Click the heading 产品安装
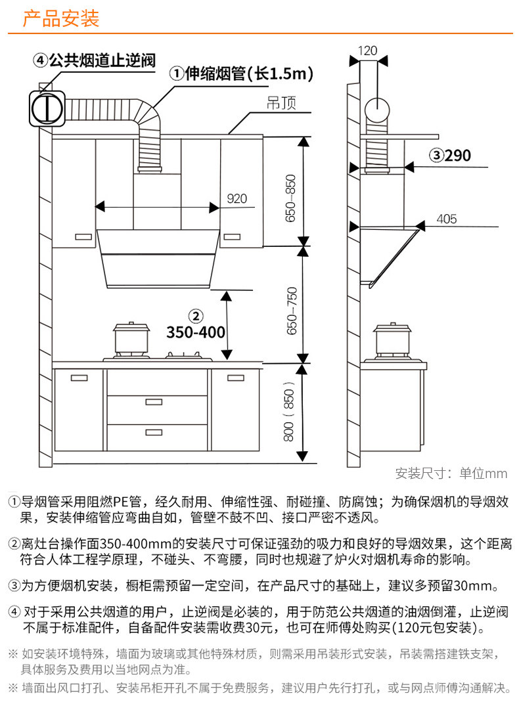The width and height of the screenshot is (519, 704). [61, 19]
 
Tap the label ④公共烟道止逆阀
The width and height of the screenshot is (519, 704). [95, 61]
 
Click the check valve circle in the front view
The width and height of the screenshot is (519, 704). [47, 108]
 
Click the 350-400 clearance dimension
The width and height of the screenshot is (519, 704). [196, 332]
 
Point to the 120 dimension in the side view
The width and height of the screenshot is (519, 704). [368, 51]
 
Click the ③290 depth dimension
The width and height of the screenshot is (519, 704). [451, 156]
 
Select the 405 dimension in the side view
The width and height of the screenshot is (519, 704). [447, 219]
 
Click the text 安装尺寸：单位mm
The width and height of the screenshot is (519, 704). [451, 473]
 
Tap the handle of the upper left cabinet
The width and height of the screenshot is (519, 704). [83, 236]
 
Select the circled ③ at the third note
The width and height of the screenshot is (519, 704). [14, 585]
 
